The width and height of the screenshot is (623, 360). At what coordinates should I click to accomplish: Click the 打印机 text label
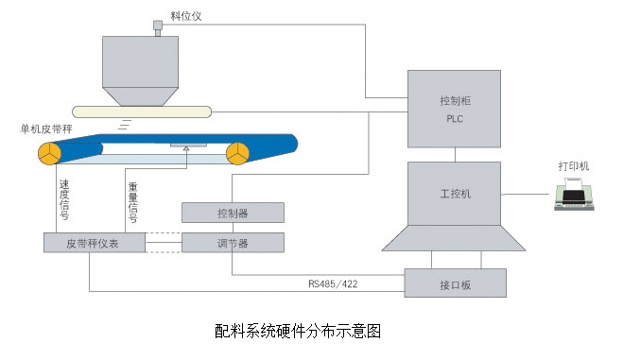pyautogui.click(x=573, y=166)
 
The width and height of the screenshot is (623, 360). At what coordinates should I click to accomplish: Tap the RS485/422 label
pyautogui.click(x=333, y=281)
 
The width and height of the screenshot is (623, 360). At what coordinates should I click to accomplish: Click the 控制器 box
pyautogui.click(x=232, y=212)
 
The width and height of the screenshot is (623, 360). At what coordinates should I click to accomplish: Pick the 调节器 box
pyautogui.click(x=232, y=242)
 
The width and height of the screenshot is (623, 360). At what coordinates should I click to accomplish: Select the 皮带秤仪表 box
pyautogui.click(x=94, y=242)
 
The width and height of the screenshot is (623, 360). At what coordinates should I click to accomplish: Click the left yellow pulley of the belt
pyautogui.click(x=50, y=152)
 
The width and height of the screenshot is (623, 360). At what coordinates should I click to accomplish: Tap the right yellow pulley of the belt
pyautogui.click(x=236, y=153)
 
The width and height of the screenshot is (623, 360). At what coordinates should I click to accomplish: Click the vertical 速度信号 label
pyautogui.click(x=62, y=199)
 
